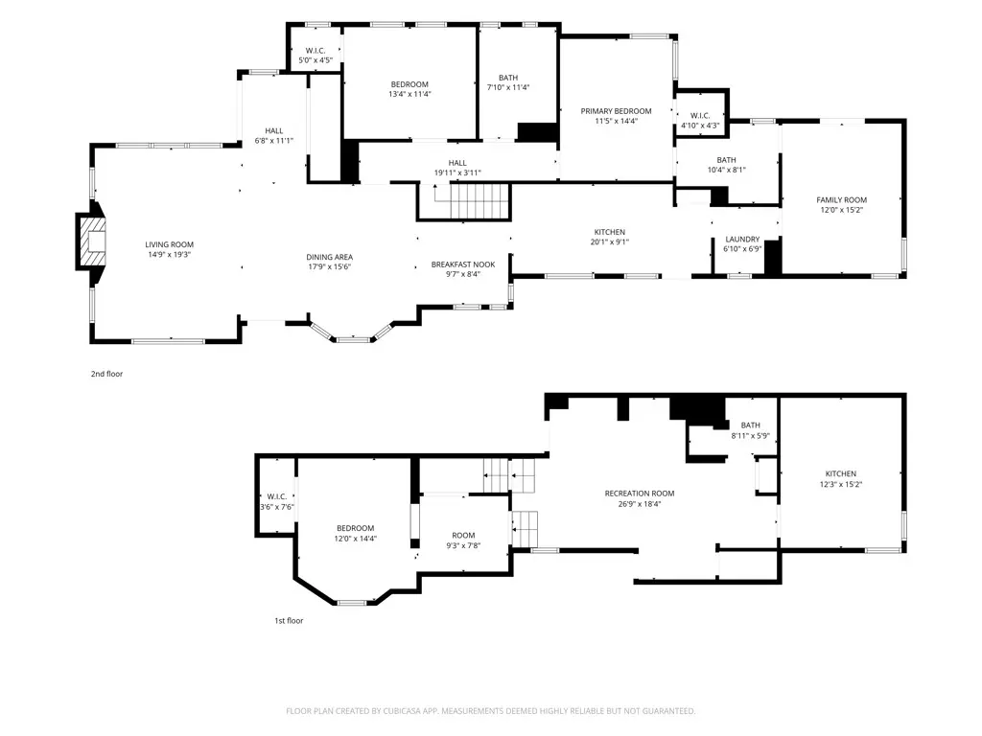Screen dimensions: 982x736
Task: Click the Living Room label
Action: point(169,244)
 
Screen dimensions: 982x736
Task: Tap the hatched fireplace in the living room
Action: point(91,241)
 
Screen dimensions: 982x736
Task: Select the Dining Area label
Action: point(330,257)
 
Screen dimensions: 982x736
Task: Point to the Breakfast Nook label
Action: point(463,264)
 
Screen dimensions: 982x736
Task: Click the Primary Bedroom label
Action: point(616,111)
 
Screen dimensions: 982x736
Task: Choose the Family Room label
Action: point(842,200)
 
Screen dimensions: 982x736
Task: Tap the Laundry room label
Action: point(743,240)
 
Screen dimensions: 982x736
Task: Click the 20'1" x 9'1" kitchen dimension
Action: point(609,242)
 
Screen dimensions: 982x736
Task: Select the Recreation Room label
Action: point(640,494)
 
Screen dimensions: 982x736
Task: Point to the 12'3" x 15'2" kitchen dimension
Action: point(841,484)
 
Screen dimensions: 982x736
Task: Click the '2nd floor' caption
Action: point(107,375)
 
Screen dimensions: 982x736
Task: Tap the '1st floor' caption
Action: point(289,621)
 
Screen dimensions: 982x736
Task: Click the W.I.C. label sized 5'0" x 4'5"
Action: point(316,51)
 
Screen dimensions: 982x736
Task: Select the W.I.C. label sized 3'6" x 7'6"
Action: point(277,497)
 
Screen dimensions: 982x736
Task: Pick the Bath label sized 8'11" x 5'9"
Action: point(750,425)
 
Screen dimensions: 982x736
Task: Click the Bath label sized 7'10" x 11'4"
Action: point(508,79)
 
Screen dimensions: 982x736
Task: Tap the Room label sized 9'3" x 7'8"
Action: point(463,536)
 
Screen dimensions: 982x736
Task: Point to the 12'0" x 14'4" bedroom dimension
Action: point(355,539)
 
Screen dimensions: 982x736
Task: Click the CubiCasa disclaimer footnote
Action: point(490,711)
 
